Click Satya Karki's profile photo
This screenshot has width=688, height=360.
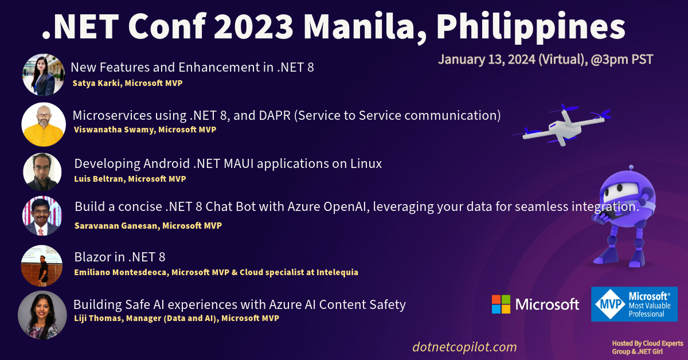point(44,75)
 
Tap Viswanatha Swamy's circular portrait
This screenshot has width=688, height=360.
point(44,124)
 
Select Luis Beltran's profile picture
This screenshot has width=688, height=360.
point(42,172)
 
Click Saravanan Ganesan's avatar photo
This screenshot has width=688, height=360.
point(42,216)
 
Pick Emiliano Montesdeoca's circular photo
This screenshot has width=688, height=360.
point(41,265)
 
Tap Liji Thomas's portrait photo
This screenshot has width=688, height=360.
point(42,315)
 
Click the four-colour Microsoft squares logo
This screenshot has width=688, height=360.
point(501,304)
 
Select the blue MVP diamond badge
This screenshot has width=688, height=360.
point(609,304)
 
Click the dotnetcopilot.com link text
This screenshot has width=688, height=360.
point(464,347)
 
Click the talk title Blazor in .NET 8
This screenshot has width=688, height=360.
point(120,257)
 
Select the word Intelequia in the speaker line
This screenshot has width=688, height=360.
point(334,272)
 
